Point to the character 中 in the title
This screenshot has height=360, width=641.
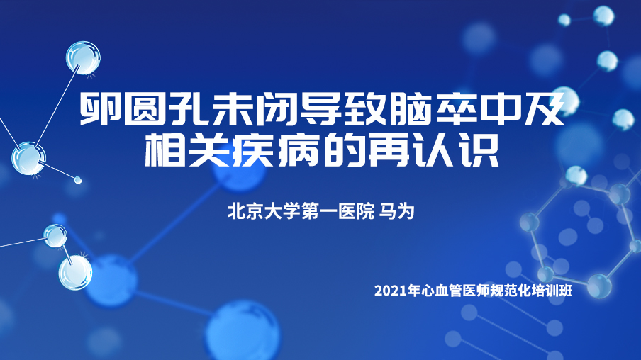coord(499,108)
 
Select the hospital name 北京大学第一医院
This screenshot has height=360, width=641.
coord(301,211)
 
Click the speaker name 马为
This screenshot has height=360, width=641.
coord(397,211)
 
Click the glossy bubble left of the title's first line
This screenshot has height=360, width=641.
coord(83,58)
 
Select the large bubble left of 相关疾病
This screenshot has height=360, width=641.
coord(28,159)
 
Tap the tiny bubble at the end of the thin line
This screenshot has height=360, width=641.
coord(78,179)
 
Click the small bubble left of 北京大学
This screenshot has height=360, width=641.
coord(55,236)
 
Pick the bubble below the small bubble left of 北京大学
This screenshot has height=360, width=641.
coord(75,273)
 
